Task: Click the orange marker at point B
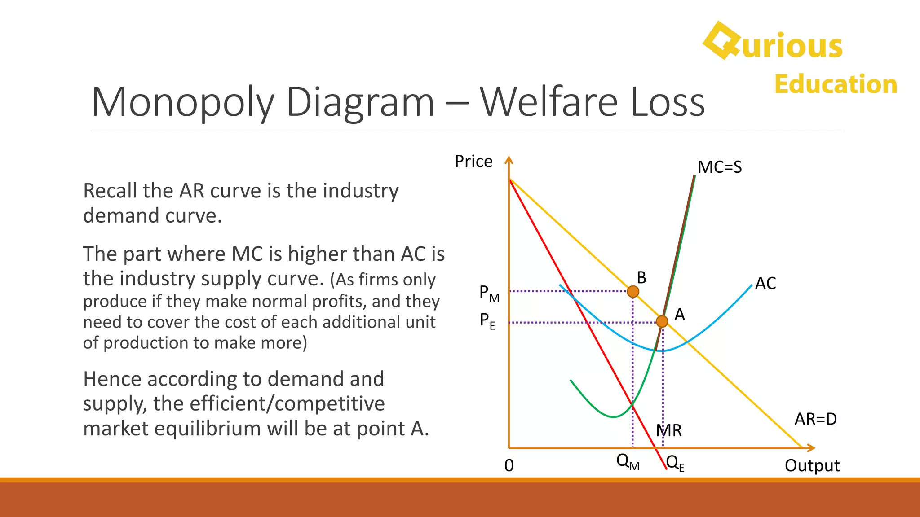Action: (x=633, y=292)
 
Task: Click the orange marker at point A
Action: (x=662, y=321)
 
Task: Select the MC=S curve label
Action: (x=719, y=167)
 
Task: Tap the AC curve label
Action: (x=765, y=284)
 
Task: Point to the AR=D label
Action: (x=815, y=419)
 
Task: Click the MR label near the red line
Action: (x=669, y=431)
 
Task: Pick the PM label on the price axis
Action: (x=489, y=294)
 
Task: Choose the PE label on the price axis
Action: (x=487, y=321)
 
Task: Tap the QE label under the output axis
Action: (x=675, y=463)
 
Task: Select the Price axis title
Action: (x=473, y=162)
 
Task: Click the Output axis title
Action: (x=812, y=466)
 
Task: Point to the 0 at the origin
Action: (x=509, y=466)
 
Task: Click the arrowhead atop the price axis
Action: (x=509, y=159)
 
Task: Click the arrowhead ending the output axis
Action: (x=811, y=448)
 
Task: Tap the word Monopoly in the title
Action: (x=182, y=103)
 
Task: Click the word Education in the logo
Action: (x=836, y=84)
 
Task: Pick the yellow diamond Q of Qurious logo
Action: (x=721, y=41)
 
